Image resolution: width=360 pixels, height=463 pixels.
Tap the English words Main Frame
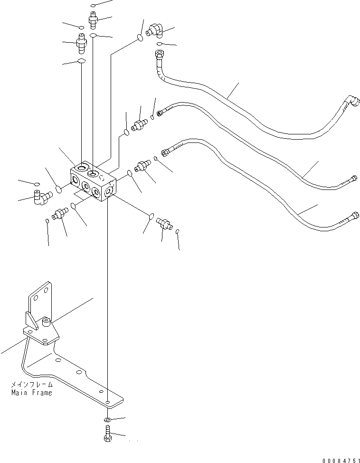coord(32,393)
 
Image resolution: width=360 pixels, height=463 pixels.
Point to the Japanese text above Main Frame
coord(32,385)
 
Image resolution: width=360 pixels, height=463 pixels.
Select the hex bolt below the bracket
coord(107,435)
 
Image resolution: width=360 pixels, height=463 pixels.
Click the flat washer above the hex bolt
coord(107,420)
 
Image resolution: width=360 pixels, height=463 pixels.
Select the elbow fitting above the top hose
coord(155,31)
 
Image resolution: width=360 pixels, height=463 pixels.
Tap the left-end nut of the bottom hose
coord(166,152)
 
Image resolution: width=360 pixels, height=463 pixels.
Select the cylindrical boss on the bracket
coord(47,323)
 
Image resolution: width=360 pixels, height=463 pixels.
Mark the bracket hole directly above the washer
coord(108,402)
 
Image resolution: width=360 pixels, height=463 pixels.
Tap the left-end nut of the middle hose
coord(161,113)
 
